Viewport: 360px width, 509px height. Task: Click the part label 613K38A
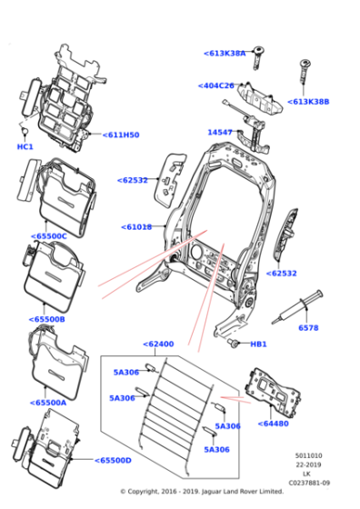click(x=225, y=54)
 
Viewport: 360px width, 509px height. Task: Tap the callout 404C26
click(x=216, y=85)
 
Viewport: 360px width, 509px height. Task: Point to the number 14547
click(x=220, y=132)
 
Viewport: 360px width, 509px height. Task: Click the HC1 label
click(x=25, y=146)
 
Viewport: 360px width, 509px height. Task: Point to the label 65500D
click(x=114, y=460)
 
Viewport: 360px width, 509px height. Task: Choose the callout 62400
click(x=158, y=344)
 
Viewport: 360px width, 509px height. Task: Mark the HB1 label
click(x=258, y=344)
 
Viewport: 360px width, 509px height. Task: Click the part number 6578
click(x=308, y=327)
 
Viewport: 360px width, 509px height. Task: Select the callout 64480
click(x=274, y=424)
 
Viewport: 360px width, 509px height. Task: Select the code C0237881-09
click(x=309, y=483)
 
